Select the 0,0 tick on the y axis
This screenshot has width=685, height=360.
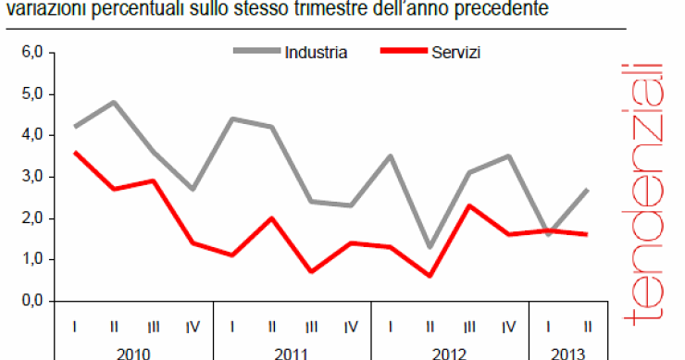click(x=33, y=301)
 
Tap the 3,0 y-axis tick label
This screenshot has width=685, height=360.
click(x=33, y=177)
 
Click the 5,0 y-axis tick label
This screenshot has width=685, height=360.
click(x=33, y=94)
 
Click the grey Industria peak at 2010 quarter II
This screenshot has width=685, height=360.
click(x=114, y=102)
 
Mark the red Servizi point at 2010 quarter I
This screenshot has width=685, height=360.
click(x=74, y=153)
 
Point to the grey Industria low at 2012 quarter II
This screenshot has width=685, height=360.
click(x=430, y=247)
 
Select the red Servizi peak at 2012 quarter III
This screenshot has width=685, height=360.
click(x=470, y=205)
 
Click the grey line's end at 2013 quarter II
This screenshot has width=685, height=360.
click(x=589, y=190)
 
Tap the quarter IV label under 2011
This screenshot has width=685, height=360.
click(x=351, y=326)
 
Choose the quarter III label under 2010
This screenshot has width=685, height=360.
click(x=153, y=326)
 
